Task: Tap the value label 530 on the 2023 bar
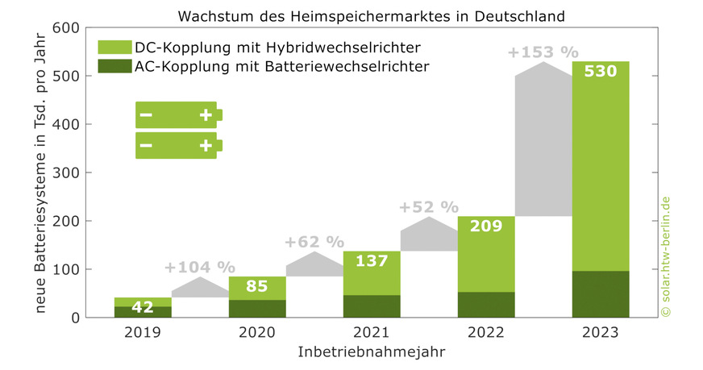click(x=600, y=72)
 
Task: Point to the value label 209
click(x=486, y=227)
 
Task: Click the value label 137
click(x=372, y=261)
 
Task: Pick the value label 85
click(x=257, y=286)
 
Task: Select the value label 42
click(x=143, y=307)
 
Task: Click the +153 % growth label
click(x=543, y=52)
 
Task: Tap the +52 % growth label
click(x=428, y=207)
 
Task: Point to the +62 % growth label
click(x=314, y=242)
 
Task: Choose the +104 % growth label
click(x=200, y=267)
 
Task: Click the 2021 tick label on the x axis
click(x=372, y=332)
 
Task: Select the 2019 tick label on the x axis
click(x=143, y=332)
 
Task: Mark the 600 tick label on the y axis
click(x=66, y=28)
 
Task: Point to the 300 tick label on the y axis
click(x=66, y=173)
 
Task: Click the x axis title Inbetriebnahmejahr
click(x=371, y=352)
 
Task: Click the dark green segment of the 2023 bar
click(x=600, y=294)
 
